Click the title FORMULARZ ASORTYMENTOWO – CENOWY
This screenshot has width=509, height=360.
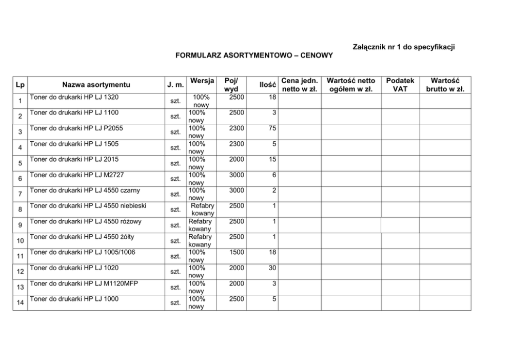tap(254, 55)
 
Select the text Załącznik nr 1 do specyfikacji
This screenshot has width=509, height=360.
tap(404, 47)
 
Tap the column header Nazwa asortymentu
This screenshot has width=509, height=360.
tap(96, 85)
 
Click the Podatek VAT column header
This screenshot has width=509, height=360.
tap(400, 85)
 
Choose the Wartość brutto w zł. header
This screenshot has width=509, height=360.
tap(445, 85)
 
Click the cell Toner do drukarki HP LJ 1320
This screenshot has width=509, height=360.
tap(74, 97)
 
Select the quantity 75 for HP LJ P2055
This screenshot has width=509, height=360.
tap(272, 128)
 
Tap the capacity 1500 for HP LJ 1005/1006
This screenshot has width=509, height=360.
tap(237, 252)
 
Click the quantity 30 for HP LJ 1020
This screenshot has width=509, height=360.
tap(272, 268)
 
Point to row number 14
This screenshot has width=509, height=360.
tap(19, 302)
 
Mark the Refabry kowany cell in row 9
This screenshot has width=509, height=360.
tap(200, 225)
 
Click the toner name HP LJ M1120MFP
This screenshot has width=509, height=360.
tap(84, 283)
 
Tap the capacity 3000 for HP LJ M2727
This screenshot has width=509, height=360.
tap(237, 175)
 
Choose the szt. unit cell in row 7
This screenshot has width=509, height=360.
tap(175, 194)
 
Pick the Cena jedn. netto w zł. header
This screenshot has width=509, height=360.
tap(300, 85)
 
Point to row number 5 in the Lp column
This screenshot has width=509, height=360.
tap(19, 163)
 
